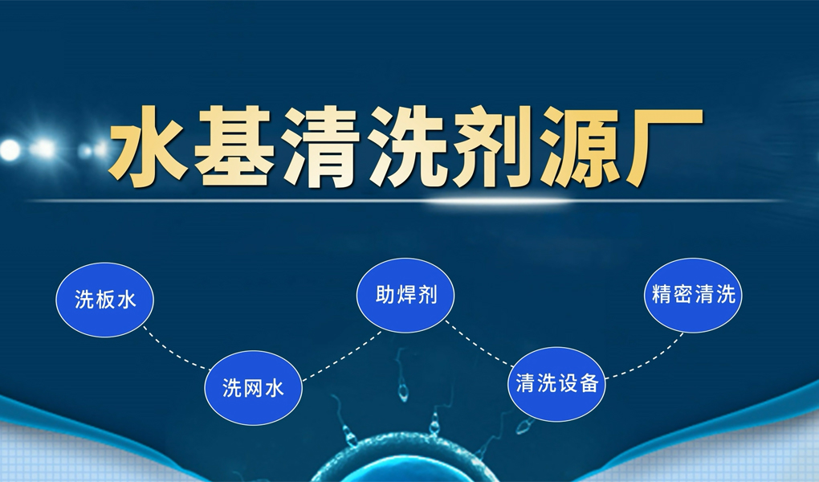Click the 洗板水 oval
[x=105, y=300]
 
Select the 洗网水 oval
[x=253, y=388]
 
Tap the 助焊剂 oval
[x=405, y=296]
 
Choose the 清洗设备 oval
[x=556, y=384]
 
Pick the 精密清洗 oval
[x=693, y=295]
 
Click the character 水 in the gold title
[x=149, y=147]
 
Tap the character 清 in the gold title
[x=321, y=147]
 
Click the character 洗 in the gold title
[x=407, y=147]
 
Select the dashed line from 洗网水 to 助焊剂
[x=343, y=356]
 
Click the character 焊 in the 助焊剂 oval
[x=405, y=296]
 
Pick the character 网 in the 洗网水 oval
[x=253, y=389]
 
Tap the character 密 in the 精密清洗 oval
[x=682, y=295]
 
